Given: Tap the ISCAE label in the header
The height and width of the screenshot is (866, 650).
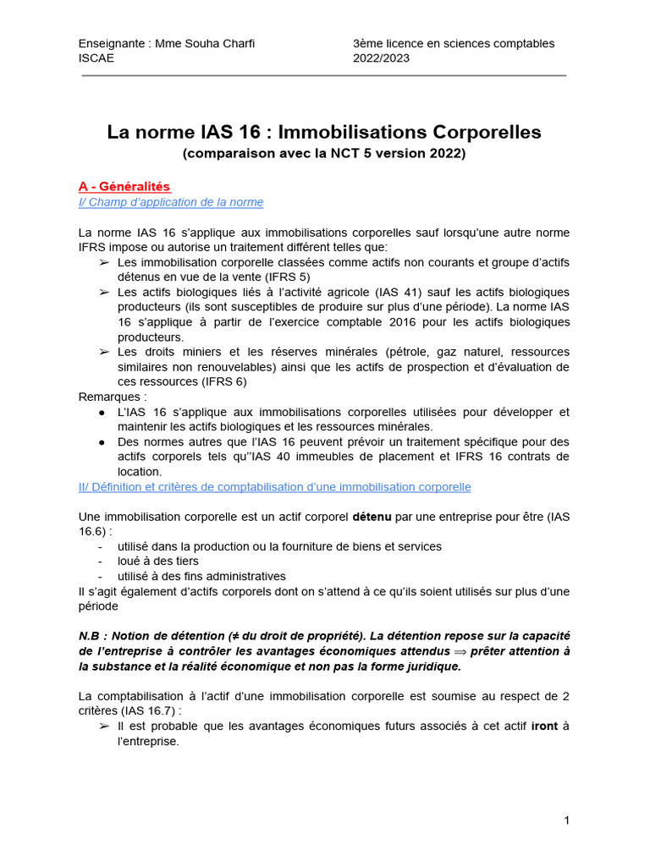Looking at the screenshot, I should pos(96,58).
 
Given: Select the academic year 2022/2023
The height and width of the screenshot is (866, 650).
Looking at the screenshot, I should pos(381,58).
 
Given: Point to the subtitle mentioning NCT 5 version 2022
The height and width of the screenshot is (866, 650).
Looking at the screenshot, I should pos(324,154).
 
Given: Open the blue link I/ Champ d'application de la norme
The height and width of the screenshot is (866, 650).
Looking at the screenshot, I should pos(170,202).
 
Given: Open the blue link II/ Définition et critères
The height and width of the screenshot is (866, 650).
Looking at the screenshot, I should pos(274,487).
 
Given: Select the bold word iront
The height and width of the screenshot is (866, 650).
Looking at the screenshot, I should pos(544,726).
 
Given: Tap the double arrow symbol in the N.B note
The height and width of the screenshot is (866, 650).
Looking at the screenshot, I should pos(454,651).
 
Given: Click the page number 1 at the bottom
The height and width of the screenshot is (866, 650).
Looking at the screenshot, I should pos(566,820).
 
